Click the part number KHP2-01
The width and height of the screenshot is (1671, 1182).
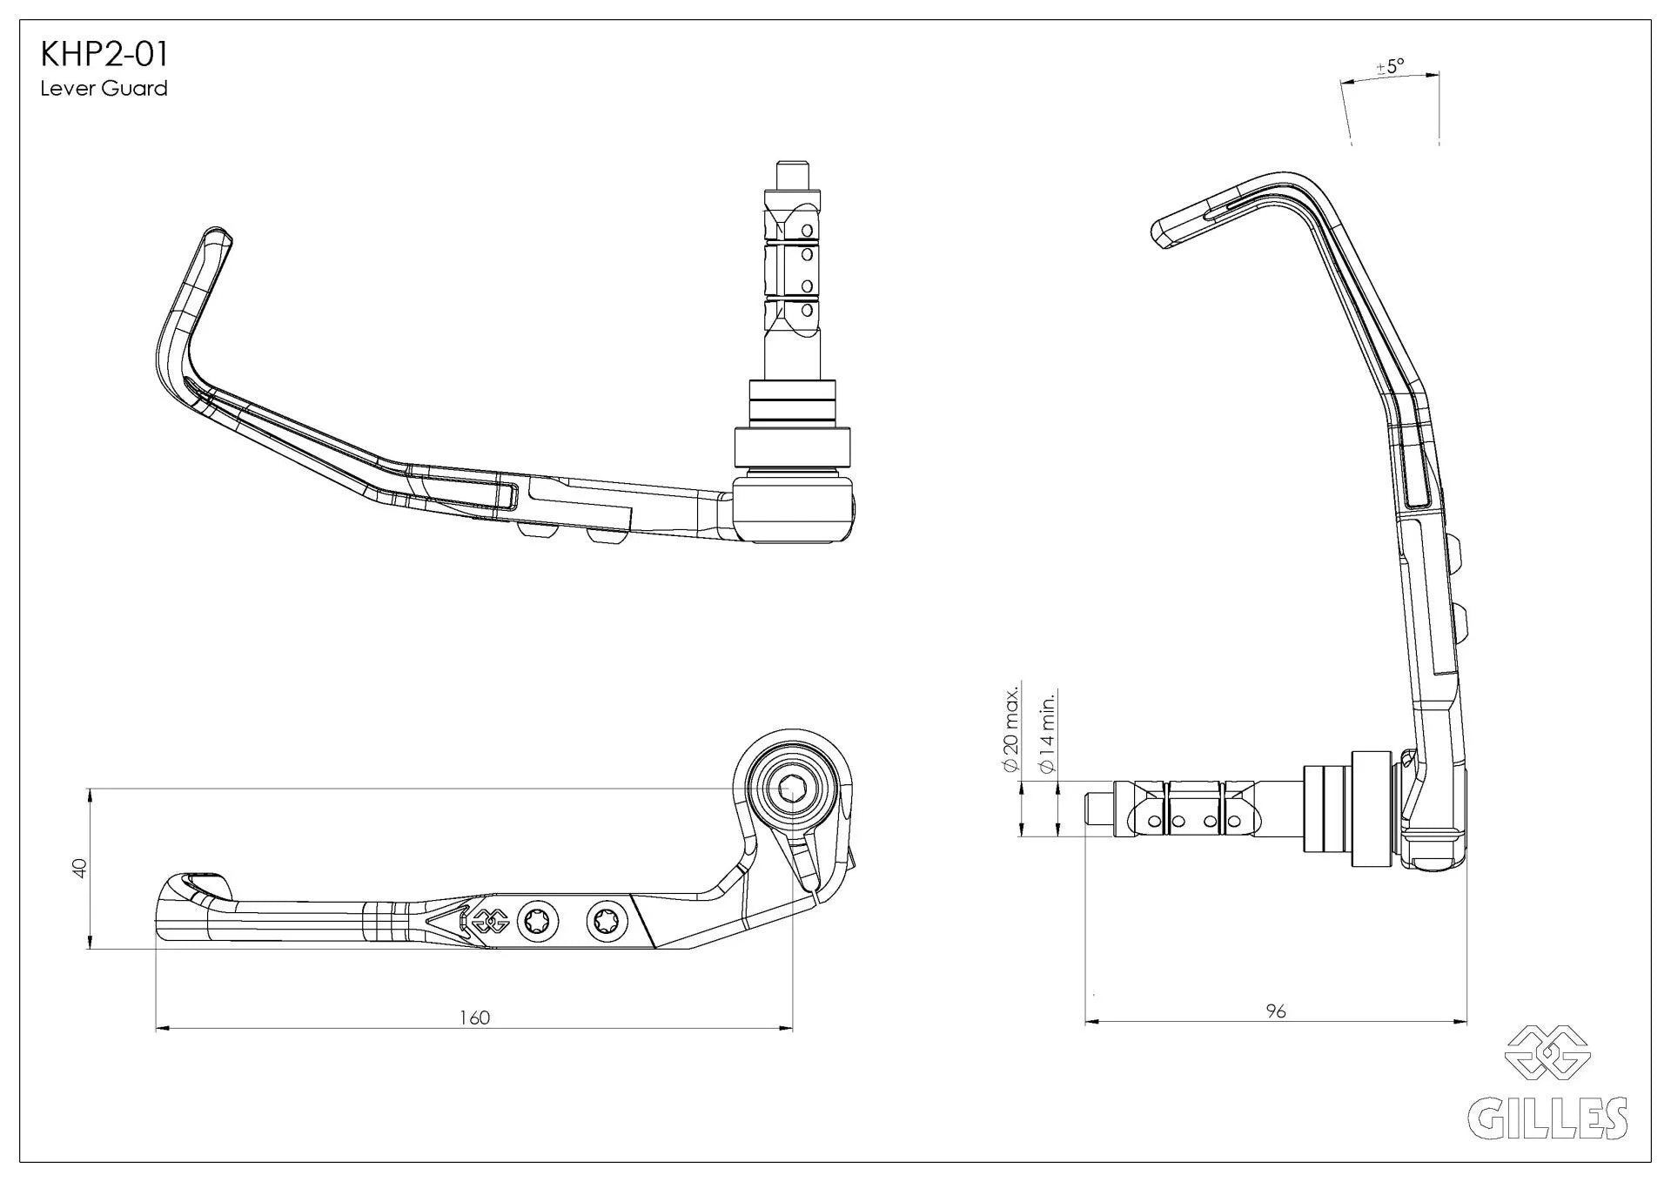tap(104, 55)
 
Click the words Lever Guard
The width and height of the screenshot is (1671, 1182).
tap(104, 89)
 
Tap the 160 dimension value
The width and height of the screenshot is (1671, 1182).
tap(475, 1017)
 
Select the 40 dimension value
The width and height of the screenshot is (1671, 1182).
tap(79, 868)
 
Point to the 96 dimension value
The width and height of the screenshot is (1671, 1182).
tap(1276, 1011)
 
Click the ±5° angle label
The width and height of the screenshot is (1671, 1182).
tap(1390, 66)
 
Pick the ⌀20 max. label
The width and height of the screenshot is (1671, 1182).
tap(1010, 729)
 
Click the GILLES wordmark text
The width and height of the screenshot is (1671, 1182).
tap(1547, 1118)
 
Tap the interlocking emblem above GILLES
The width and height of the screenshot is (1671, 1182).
tap(1548, 1054)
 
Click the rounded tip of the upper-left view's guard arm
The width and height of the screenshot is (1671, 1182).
tap(217, 236)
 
